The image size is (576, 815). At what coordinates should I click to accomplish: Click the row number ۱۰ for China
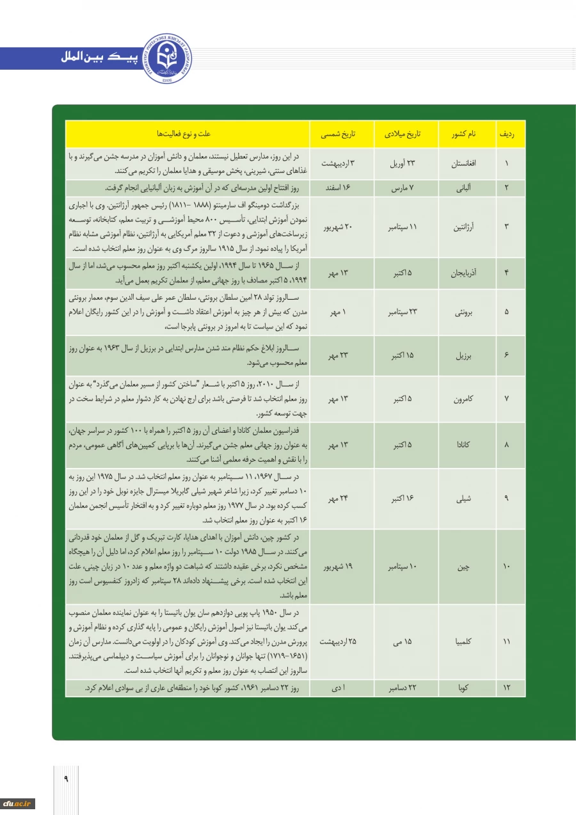click(507, 567)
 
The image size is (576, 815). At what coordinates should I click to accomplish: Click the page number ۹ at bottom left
click(65, 779)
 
